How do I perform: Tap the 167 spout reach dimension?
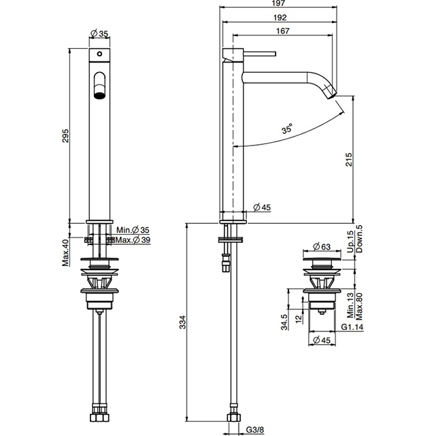pos(284,32)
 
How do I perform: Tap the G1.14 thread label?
pos(352,327)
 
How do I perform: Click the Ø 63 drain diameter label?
pos(321,246)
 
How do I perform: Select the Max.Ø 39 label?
pos(132,239)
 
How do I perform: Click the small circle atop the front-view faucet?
pos(99,54)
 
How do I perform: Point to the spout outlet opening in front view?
pos(99,88)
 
